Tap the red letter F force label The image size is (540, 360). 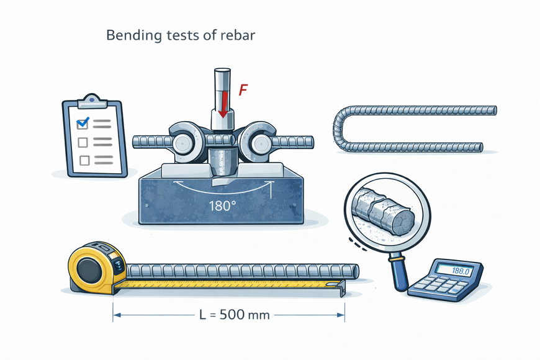(243, 90)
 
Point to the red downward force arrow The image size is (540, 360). (223, 103)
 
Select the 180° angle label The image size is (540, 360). (222, 206)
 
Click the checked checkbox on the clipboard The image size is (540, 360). (83, 123)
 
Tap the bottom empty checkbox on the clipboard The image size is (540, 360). (84, 160)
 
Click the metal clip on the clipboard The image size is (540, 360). (92, 101)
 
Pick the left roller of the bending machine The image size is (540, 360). (182, 143)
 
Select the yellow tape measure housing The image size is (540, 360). (97, 268)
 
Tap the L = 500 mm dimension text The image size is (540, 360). (235, 315)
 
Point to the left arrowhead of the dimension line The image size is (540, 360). (117, 315)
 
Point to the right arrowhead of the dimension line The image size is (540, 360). (341, 315)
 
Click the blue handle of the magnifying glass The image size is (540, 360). (400, 272)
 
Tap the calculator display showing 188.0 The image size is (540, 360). (454, 271)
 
